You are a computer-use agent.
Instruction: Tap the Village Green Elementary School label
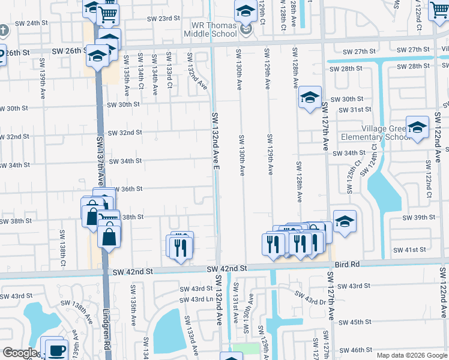coord(393,133)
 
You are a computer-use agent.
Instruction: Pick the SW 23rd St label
coord(164,19)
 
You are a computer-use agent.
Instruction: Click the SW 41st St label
coord(409,249)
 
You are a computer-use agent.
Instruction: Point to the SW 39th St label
coord(418,217)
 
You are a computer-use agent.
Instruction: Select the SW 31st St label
coord(355,109)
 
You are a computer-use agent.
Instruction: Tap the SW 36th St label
coord(127,188)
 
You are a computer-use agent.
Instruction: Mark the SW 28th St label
coord(346,68)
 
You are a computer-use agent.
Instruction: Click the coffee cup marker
coord(57,350)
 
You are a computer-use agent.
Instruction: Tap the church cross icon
coord(3,29)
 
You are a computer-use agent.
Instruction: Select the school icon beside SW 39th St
coord(345,221)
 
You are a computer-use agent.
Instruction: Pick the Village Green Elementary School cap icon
coord(417,127)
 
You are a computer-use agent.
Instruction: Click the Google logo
coord(20,353)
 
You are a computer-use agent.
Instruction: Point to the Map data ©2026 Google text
coord(411,355)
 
